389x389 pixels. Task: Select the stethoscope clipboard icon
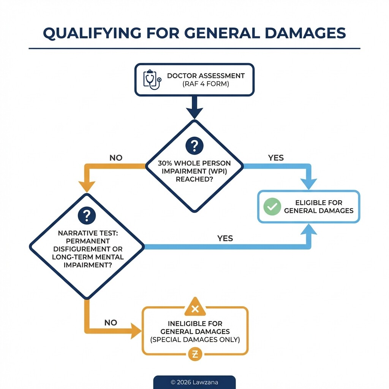[152, 79]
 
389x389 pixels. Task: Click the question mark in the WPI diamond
[194, 145]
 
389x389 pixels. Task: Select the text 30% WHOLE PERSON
[194, 163]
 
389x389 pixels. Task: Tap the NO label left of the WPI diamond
[116, 158]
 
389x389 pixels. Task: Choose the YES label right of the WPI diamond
[276, 158]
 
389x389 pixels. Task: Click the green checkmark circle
[272, 206]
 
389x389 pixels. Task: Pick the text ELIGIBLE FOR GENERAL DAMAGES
[318, 207]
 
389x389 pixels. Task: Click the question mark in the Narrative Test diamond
[86, 216]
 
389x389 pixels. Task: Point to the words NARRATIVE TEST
[88, 233]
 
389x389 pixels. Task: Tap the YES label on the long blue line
[225, 239]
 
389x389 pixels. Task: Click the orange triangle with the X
[195, 308]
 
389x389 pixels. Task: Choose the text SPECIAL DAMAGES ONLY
[195, 340]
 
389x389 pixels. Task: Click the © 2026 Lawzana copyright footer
[194, 382]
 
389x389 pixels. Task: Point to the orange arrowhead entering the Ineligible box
[135, 330]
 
